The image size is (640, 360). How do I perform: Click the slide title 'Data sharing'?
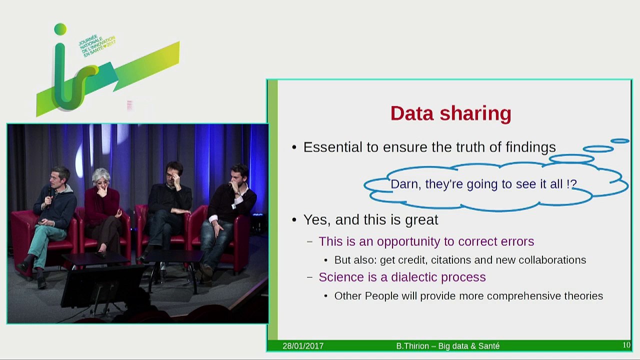450,113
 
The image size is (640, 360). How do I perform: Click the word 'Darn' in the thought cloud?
405,184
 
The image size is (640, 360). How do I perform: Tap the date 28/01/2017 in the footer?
303,346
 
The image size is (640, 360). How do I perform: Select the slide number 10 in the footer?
626,345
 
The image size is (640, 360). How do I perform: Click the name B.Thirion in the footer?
413,346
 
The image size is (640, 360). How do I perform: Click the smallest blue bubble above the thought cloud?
620,141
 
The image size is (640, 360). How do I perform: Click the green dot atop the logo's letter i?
60,29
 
